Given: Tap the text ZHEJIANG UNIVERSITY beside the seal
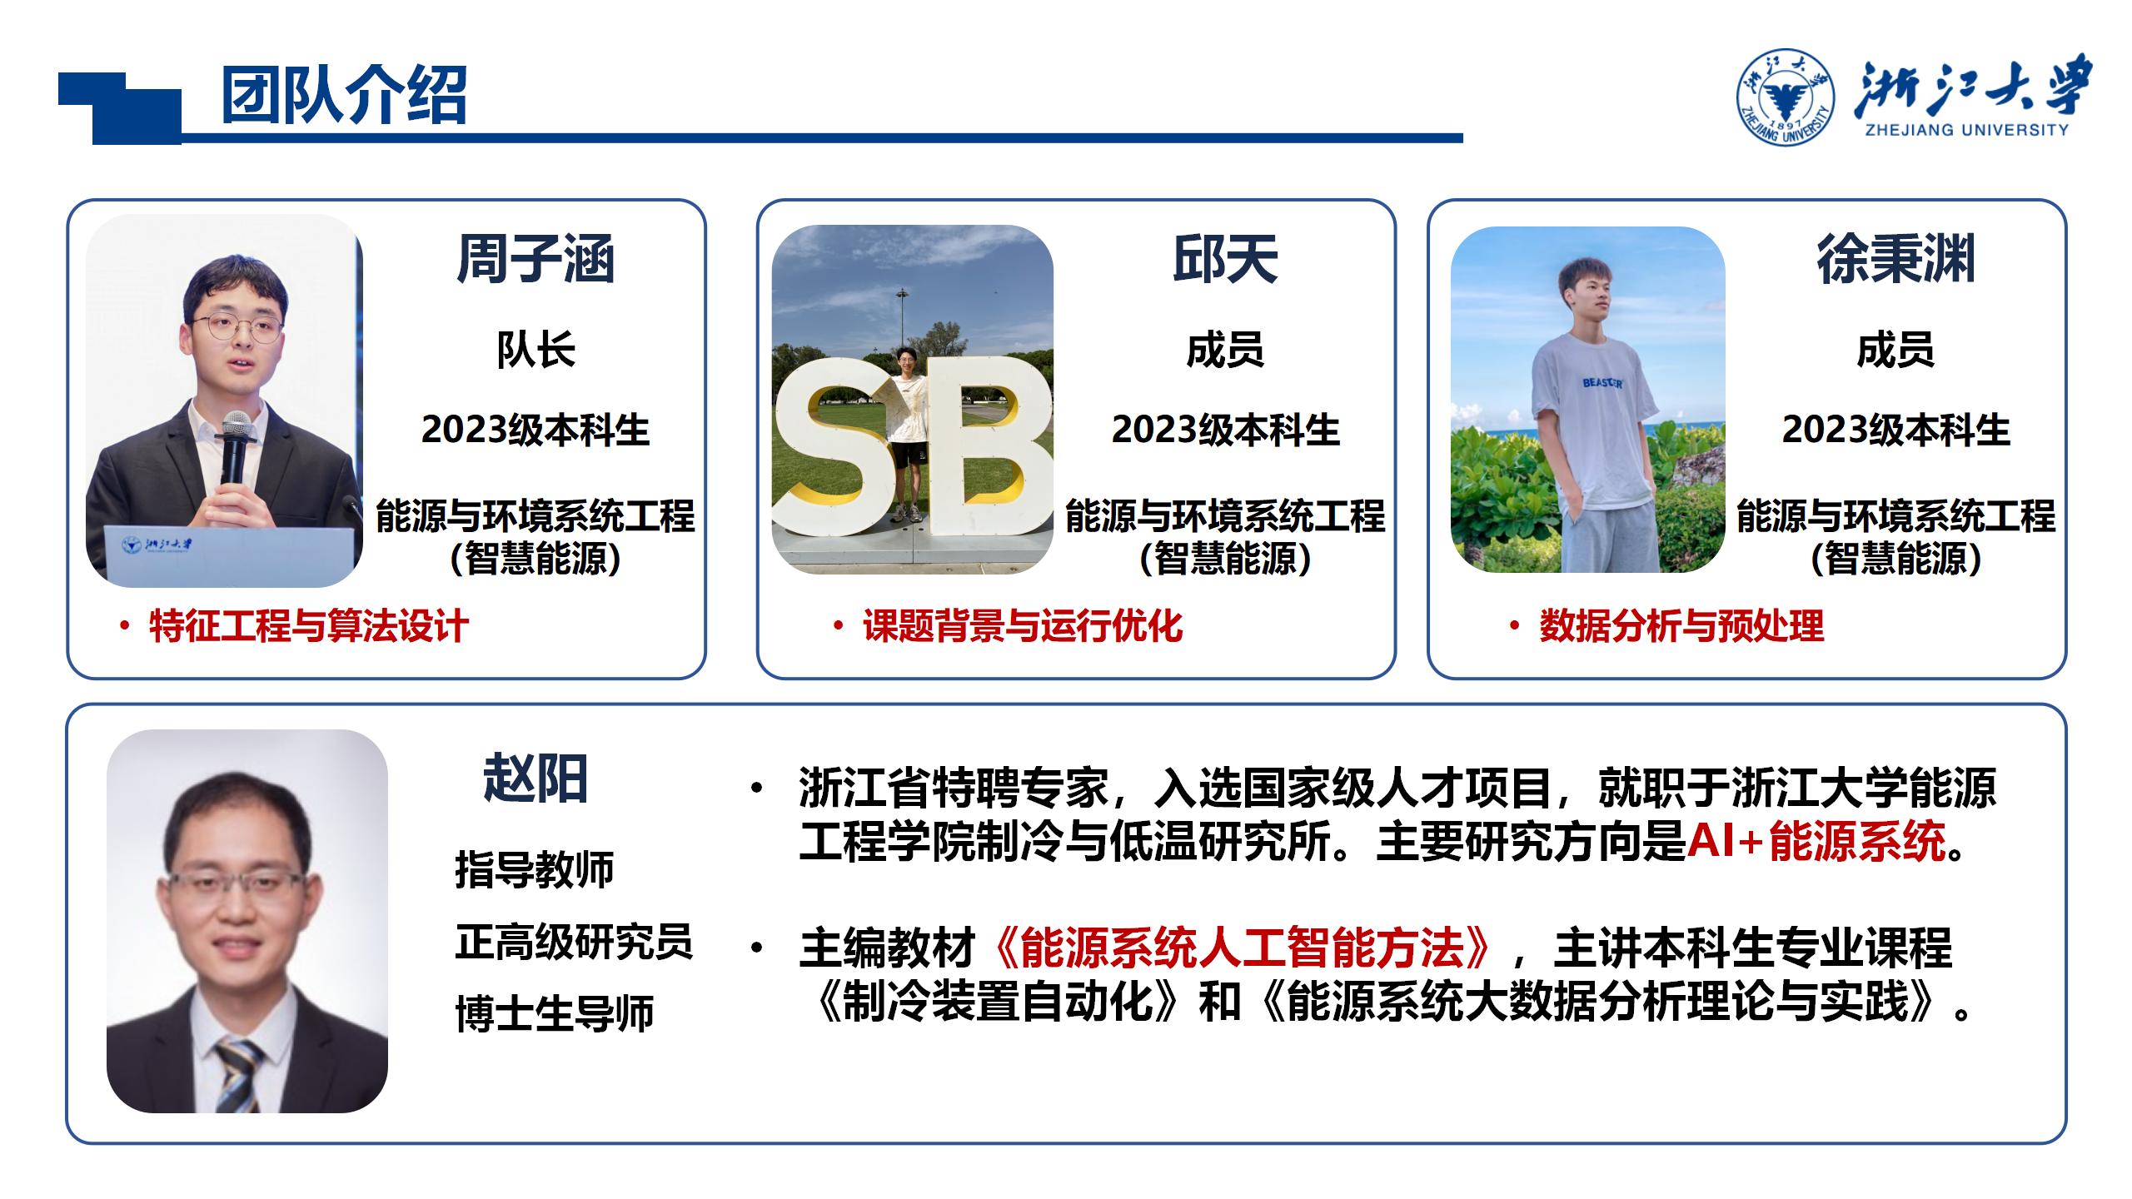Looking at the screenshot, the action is click(1966, 129).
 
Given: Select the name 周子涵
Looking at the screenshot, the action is click(535, 259).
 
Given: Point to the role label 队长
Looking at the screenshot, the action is click(535, 350).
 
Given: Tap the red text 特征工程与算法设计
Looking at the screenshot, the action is click(309, 626).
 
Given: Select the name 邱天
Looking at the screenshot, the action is click(1225, 259).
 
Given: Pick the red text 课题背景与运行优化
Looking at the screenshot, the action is click(1023, 626).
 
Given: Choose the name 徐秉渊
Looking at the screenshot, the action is click(1895, 259).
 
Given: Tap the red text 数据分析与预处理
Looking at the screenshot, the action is click(1681, 626).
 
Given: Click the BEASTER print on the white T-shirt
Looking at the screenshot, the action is click(1602, 383).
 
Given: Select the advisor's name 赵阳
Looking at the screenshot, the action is click(535, 779).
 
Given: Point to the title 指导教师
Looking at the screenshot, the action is click(535, 869).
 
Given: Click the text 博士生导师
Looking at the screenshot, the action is click(555, 1014).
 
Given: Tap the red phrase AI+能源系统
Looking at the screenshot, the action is click(1816, 841).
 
